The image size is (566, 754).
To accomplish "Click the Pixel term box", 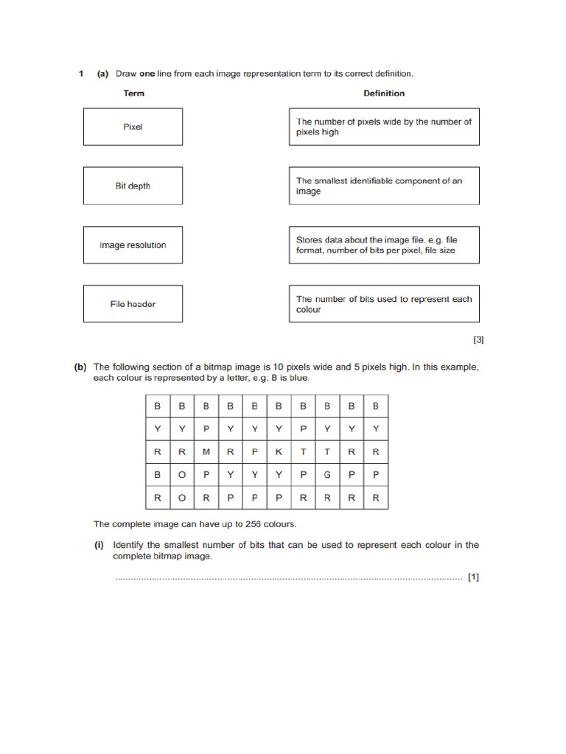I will click(x=133, y=127).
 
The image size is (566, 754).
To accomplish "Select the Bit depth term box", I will click(x=133, y=186).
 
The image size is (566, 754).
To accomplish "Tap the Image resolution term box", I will click(x=133, y=245).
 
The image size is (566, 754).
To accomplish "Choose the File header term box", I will click(x=133, y=304).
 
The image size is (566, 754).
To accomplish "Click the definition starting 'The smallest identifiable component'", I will click(x=383, y=186).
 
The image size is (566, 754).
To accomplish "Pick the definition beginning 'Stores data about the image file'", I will click(x=383, y=245).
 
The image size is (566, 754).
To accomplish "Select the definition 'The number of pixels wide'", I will click(x=383, y=127).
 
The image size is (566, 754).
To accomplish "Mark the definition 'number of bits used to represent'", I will click(x=383, y=304).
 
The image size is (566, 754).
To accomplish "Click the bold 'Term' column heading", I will click(x=134, y=94).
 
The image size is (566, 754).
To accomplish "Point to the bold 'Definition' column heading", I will click(x=384, y=94).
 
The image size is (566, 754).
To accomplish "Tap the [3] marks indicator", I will click(x=478, y=339).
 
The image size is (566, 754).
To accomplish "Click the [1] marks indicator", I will click(x=473, y=577).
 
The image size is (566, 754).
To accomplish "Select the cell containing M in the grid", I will click(x=206, y=452).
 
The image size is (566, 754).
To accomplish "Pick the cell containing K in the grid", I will click(x=279, y=452).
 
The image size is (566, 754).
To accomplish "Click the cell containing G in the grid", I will click(x=327, y=475).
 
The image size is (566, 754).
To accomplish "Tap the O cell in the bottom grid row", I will click(x=181, y=498).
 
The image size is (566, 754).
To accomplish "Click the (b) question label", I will click(x=80, y=367).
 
